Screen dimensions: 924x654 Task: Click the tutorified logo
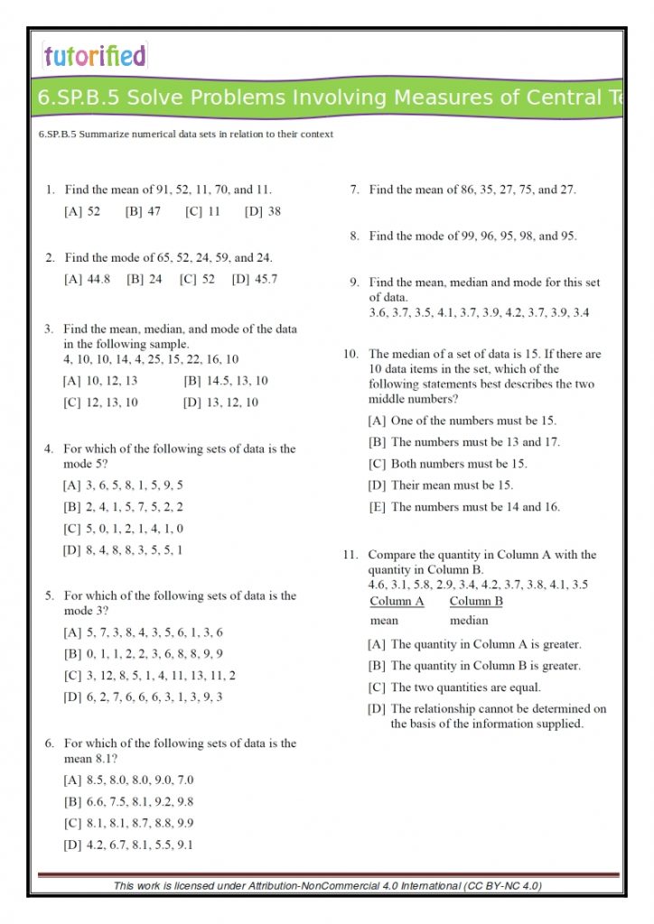point(94,56)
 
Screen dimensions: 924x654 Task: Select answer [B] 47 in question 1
point(143,212)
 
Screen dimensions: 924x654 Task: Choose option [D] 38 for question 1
point(262,212)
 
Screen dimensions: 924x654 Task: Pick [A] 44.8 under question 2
point(87,279)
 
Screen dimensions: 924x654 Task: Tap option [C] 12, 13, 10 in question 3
point(100,402)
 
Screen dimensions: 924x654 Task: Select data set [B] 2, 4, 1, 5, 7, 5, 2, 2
point(123,507)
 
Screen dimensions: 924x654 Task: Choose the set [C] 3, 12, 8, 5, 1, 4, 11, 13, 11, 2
point(149,675)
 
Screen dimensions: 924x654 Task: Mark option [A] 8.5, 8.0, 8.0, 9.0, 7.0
point(128,780)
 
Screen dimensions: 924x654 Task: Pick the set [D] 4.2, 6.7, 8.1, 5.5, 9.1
point(127,845)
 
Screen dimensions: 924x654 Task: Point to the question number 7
point(354,189)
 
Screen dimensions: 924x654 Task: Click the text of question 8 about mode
point(472,236)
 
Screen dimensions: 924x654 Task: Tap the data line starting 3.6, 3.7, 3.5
point(479,313)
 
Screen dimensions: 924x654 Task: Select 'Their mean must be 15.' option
point(441,485)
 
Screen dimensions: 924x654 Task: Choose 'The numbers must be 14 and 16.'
point(463,507)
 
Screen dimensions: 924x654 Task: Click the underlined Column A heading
point(397,602)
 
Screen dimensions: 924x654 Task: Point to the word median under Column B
point(469,621)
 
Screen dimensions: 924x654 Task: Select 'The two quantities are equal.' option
point(454,688)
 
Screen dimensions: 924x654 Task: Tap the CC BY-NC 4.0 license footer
point(327,886)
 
